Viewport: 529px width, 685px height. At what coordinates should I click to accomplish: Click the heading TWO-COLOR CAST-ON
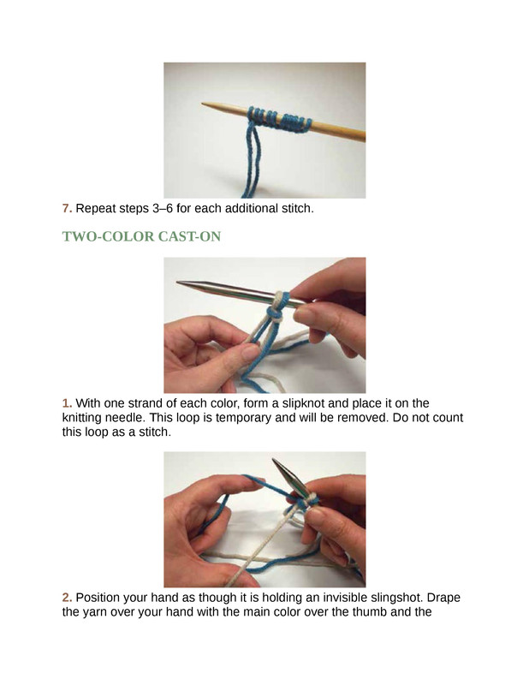pos(141,236)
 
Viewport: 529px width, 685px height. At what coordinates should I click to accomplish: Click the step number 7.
pos(67,208)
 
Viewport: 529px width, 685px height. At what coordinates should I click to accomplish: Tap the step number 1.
pos(67,402)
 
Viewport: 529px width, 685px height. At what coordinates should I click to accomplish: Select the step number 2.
pos(67,597)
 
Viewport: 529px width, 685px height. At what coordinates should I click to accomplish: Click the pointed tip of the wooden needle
pos(202,104)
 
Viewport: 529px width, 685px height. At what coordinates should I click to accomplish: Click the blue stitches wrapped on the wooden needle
pos(280,119)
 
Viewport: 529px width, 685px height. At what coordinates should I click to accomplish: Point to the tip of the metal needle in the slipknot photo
pos(177,283)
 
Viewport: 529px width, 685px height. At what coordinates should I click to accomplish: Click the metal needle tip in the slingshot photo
pos(273,460)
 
